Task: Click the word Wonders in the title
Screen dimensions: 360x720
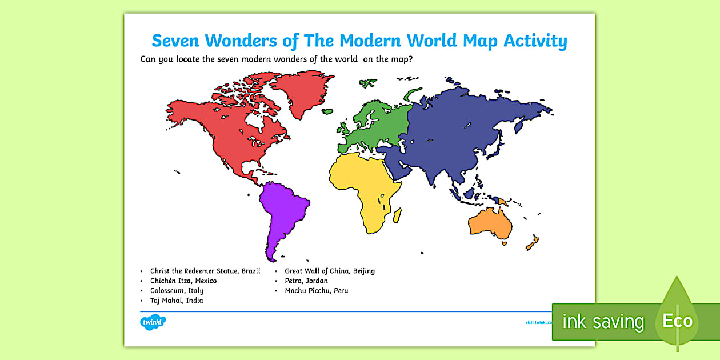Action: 236,41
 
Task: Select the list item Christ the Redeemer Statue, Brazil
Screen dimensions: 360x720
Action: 205,271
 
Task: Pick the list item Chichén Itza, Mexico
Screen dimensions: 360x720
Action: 183,281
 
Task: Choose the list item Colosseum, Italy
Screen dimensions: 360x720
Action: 177,290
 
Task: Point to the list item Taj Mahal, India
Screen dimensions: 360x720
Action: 177,300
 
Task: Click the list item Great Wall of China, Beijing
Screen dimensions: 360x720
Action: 329,271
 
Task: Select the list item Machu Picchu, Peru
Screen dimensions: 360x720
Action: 316,290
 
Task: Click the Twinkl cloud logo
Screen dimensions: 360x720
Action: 153,322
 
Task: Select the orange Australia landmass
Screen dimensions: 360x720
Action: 489,223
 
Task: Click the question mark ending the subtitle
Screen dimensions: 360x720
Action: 410,58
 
